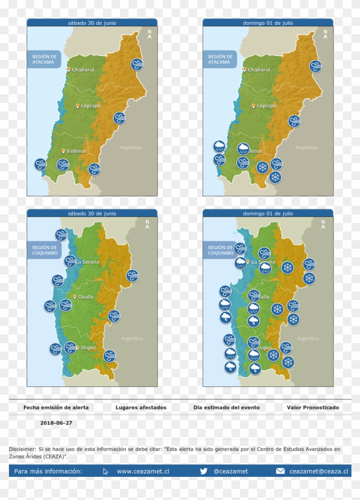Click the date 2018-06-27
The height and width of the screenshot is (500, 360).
tap(56, 422)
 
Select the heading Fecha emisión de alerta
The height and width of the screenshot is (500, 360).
tap(56, 407)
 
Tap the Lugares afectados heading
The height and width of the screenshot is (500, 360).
tap(141, 407)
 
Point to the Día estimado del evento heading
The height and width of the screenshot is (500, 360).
tap(226, 407)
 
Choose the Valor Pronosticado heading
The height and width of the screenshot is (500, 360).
tap(313, 407)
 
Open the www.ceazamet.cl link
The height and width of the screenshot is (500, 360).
tap(143, 471)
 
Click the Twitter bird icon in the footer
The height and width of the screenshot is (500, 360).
tap(204, 471)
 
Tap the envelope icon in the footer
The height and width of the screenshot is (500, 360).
tap(280, 471)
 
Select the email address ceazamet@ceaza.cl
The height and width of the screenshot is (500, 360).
tap(318, 471)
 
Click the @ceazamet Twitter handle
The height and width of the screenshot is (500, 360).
tap(231, 471)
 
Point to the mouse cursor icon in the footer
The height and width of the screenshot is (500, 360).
tap(105, 471)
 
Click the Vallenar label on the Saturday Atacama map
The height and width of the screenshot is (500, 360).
tap(76, 151)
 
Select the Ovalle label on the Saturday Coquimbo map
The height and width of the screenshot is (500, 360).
tap(86, 297)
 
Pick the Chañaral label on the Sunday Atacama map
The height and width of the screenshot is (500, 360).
tap(259, 69)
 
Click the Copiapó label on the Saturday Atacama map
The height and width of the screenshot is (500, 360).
tap(90, 105)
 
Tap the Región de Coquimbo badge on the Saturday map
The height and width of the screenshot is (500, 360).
tap(44, 250)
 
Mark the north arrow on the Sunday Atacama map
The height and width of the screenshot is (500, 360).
tap(325, 34)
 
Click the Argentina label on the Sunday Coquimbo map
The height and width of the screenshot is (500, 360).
tap(308, 338)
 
